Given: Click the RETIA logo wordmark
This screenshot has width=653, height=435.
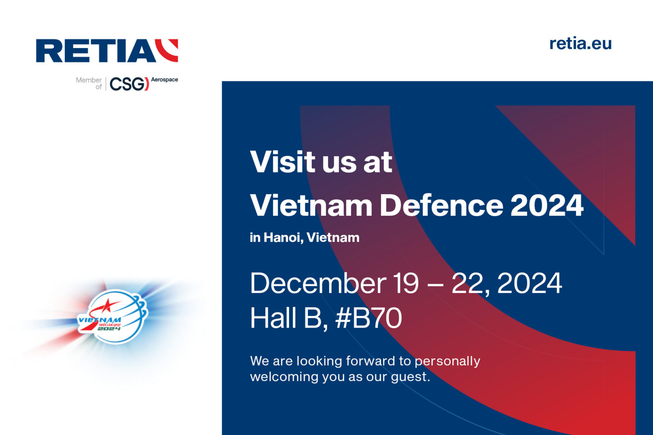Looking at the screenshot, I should point(95,51).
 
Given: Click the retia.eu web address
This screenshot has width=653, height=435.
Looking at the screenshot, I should point(580,43).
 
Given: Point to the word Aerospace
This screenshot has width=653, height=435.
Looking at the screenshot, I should point(165,79).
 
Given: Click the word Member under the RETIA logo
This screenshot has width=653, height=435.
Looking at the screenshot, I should point(88,80).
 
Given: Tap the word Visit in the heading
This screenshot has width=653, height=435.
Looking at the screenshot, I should point(282,162).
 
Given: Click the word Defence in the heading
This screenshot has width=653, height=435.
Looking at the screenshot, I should point(441,206).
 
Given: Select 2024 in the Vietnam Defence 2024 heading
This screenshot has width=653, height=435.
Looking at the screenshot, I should point(547,206).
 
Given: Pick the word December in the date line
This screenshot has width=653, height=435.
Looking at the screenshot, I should point(318,283).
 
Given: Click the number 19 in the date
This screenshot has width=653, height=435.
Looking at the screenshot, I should point(405,283).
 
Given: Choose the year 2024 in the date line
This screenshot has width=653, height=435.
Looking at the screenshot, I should point(529,283).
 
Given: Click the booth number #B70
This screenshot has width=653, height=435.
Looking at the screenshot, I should point(369,318).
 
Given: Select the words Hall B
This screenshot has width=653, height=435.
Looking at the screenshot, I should point(288,318).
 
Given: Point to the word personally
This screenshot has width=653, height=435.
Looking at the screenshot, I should point(447,361).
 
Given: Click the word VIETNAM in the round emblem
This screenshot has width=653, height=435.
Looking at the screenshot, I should point(99,320).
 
